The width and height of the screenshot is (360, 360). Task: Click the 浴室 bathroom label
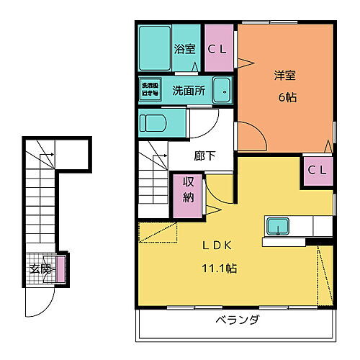click(185, 49)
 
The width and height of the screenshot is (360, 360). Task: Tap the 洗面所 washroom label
click(189, 91)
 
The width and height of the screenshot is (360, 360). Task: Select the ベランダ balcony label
click(237, 320)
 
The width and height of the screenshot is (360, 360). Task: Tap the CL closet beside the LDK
click(318, 171)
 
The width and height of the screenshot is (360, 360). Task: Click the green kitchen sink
click(276, 226)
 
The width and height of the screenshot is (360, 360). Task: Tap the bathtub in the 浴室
click(153, 48)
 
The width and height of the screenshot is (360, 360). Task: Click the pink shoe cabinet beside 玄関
click(61, 268)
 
